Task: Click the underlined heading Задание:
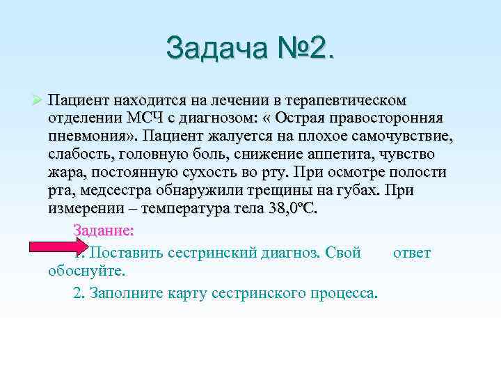coord(103,230)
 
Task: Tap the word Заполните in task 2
coord(128,292)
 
